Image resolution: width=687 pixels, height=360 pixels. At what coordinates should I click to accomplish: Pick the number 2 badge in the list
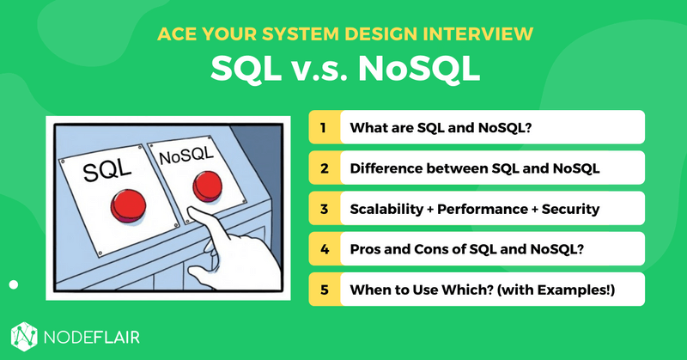click(324, 168)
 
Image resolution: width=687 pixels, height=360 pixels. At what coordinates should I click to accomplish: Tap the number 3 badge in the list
click(324, 209)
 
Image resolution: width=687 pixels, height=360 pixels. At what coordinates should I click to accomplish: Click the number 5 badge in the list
click(324, 290)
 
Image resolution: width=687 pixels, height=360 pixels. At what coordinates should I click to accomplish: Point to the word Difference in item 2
click(387, 168)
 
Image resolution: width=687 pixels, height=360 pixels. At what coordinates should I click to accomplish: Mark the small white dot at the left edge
click(13, 284)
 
